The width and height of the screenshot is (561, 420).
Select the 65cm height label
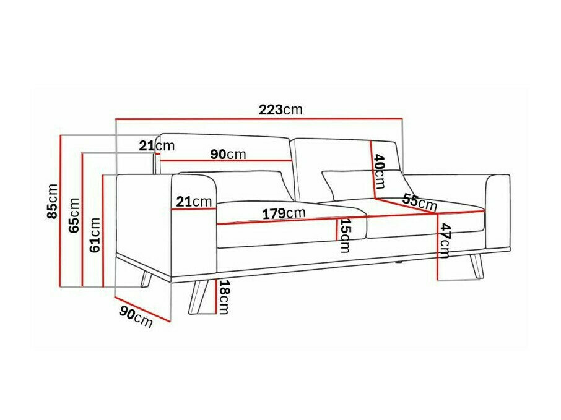tap(74, 215)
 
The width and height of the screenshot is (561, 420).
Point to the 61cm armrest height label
tap(95, 235)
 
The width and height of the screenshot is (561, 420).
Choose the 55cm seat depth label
tap(419, 202)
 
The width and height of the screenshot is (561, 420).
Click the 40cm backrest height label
tap(379, 171)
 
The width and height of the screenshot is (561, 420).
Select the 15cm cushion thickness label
tap(345, 236)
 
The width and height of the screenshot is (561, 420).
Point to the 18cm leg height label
tap(224, 297)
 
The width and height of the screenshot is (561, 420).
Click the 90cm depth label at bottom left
tap(135, 317)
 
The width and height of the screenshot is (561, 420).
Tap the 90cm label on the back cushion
tap(227, 154)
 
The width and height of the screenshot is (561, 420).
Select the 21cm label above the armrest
tap(157, 146)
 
